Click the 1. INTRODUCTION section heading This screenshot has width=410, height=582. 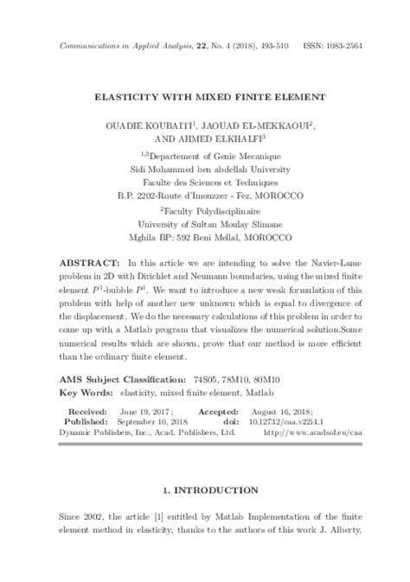(204, 489)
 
